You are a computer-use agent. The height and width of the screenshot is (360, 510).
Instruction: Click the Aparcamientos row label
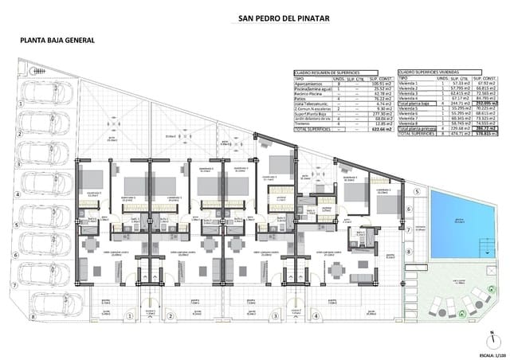pos(307,84)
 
